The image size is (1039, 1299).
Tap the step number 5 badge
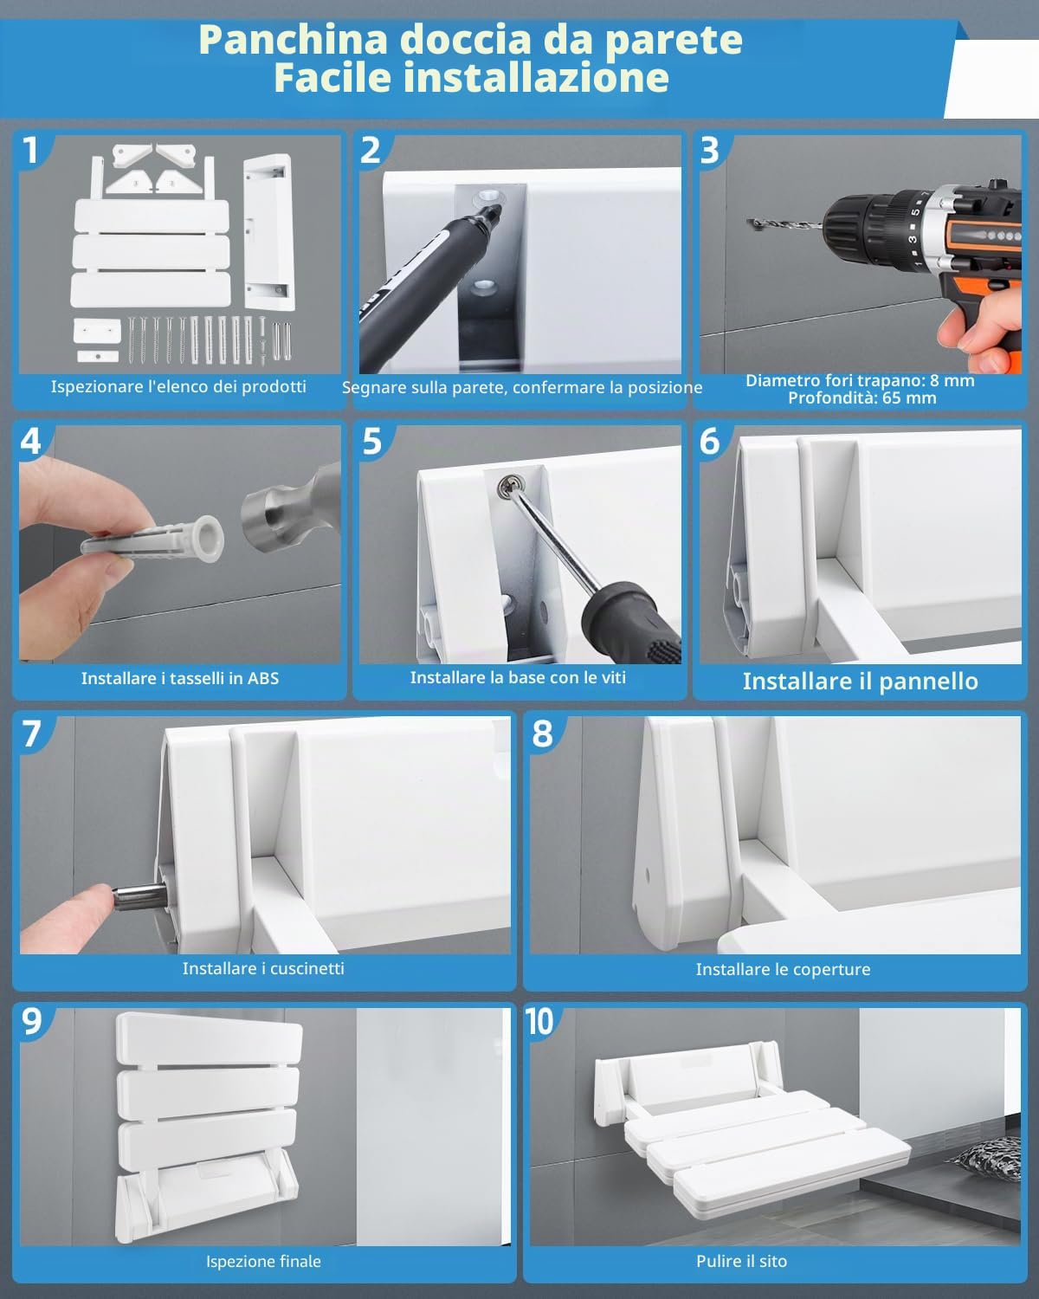point(372,442)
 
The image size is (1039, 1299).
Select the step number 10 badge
point(539,1022)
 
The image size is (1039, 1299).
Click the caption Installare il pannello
point(861,681)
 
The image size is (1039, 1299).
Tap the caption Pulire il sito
point(741,1261)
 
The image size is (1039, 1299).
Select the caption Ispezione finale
point(263,1261)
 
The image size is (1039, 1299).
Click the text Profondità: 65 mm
point(862,397)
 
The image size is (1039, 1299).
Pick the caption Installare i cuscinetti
point(263,968)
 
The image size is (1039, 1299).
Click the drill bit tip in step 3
point(751,223)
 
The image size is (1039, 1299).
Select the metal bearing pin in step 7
point(140,895)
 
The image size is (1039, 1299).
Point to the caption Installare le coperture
point(783,969)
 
